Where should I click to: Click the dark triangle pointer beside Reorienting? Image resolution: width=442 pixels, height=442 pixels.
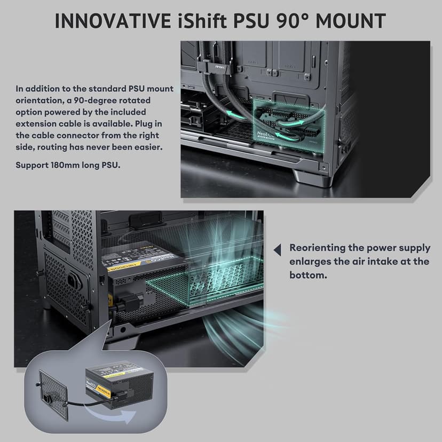click(277, 249)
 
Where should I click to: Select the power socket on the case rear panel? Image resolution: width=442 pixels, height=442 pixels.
click(71, 281)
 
